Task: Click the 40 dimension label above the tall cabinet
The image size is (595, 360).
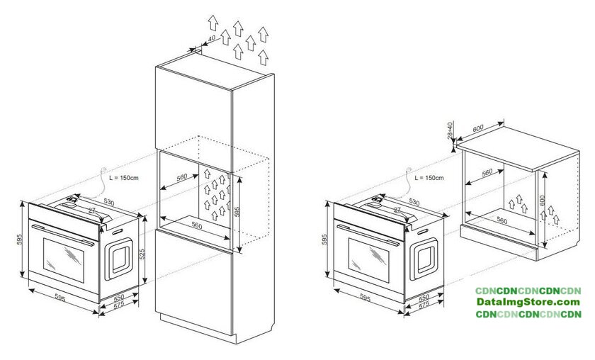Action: pyautogui.click(x=212, y=38)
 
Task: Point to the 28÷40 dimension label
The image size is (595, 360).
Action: pyautogui.click(x=450, y=130)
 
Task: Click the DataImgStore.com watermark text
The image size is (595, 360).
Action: pyautogui.click(x=528, y=303)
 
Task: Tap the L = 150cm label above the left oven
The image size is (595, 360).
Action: pyautogui.click(x=124, y=177)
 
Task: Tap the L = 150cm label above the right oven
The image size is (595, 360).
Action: pyautogui.click(x=429, y=178)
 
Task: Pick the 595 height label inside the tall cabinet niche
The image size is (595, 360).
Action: pyautogui.click(x=237, y=211)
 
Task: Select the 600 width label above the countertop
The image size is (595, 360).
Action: pyautogui.click(x=478, y=128)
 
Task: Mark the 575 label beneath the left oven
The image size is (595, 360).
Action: pyautogui.click(x=119, y=305)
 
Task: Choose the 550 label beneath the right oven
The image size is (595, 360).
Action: pyautogui.click(x=424, y=298)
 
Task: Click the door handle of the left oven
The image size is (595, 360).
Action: pyautogui.click(x=63, y=235)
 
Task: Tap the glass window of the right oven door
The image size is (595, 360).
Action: pyautogui.click(x=369, y=260)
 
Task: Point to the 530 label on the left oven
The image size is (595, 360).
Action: pyautogui.click(x=108, y=202)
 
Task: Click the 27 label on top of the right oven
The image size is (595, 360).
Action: pyautogui.click(x=397, y=210)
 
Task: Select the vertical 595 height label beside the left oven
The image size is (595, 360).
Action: pyautogui.click(x=20, y=240)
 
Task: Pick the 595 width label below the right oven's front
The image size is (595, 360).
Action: pyautogui.click(x=365, y=298)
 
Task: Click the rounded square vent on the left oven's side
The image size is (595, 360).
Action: pyautogui.click(x=119, y=259)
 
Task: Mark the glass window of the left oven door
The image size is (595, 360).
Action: pyautogui.click(x=64, y=260)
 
